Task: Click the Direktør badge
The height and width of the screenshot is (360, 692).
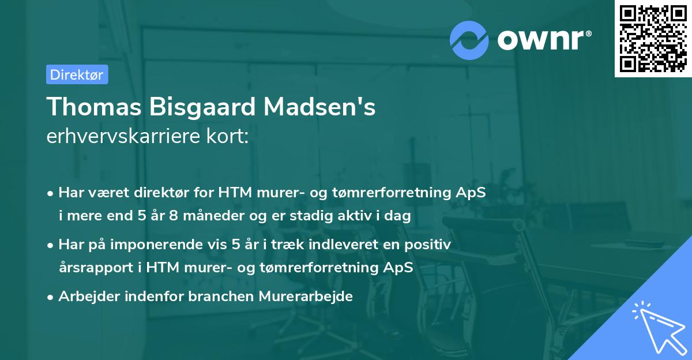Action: pyautogui.click(x=77, y=74)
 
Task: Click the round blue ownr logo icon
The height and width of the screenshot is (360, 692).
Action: pyautogui.click(x=470, y=39)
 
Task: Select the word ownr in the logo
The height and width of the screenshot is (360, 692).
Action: pyautogui.click(x=544, y=39)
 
